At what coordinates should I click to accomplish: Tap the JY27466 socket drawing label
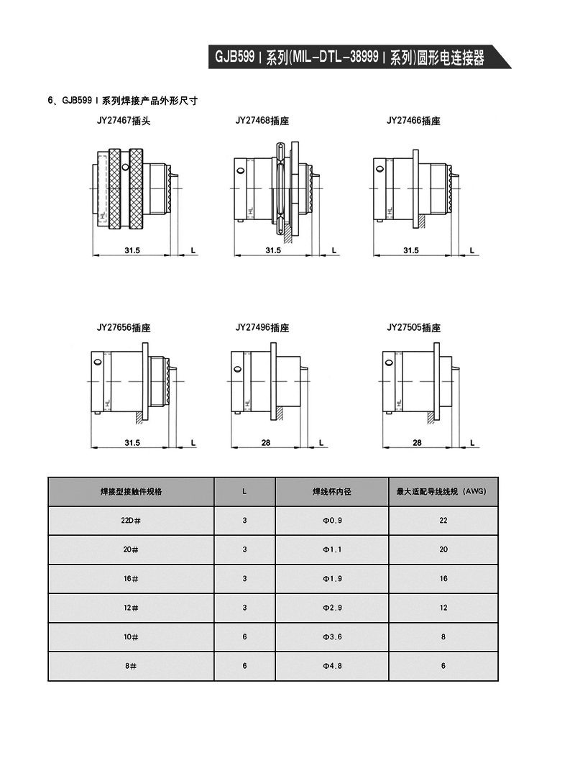click(x=413, y=121)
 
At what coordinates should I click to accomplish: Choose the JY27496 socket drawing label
click(x=262, y=327)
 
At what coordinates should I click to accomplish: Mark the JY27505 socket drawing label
click(x=413, y=327)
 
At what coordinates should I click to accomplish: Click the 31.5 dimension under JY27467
click(x=132, y=250)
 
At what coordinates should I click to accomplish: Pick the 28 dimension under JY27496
click(x=265, y=442)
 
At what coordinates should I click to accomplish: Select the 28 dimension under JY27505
click(x=418, y=442)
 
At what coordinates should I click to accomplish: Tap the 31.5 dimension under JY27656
click(x=132, y=442)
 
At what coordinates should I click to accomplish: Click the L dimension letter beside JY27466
click(x=471, y=250)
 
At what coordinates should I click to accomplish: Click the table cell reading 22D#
click(x=131, y=520)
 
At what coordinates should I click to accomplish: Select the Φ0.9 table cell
click(x=331, y=520)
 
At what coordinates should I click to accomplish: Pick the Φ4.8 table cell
click(x=331, y=666)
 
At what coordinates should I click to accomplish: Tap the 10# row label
click(x=131, y=636)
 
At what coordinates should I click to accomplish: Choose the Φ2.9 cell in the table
click(x=331, y=608)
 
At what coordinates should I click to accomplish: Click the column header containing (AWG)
click(x=442, y=491)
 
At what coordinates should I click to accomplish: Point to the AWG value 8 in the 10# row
click(x=443, y=636)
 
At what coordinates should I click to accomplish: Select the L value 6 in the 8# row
click(x=244, y=666)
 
